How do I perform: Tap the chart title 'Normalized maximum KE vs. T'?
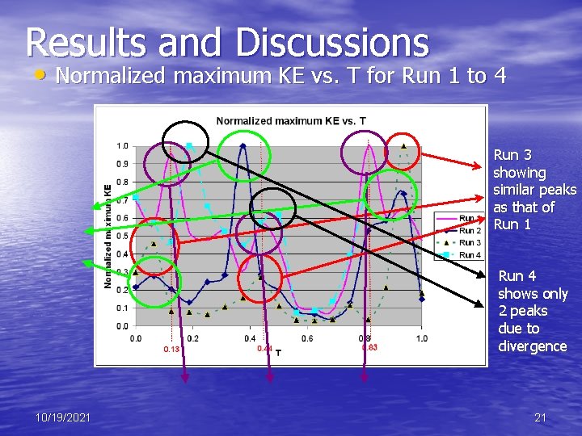tap(290, 121)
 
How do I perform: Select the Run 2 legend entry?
tap(470, 231)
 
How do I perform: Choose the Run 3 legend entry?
tap(470, 243)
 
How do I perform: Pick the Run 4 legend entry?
tap(470, 255)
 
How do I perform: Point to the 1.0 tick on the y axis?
tap(121, 146)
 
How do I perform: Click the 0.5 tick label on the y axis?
tap(121, 236)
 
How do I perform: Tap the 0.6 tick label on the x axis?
tap(307, 338)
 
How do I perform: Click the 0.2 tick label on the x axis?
tap(192, 338)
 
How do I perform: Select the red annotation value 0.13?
tap(171, 350)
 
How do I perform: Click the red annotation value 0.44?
tap(264, 348)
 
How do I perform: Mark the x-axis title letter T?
tap(279, 352)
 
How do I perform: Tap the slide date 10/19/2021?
tap(63, 417)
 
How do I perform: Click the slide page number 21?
tap(540, 417)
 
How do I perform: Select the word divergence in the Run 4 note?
tap(532, 346)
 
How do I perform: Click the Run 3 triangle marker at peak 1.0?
tap(403, 146)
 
